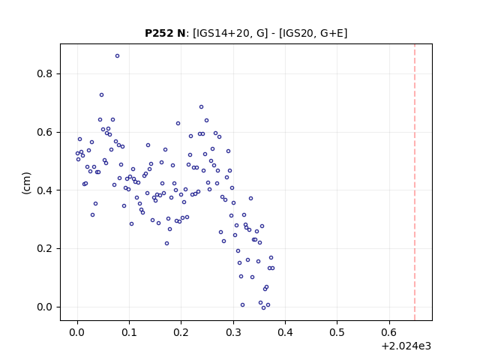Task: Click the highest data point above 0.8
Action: [x=117, y=56]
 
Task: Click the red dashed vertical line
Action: [x=415, y=182]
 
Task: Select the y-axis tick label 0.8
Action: [x=44, y=73]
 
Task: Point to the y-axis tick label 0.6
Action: [x=44, y=132]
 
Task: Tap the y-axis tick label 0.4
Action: [x=44, y=190]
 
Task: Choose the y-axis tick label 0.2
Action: [x=44, y=248]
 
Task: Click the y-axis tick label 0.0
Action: [x=44, y=307]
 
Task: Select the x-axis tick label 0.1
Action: [x=129, y=332]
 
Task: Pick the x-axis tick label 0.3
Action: [x=233, y=332]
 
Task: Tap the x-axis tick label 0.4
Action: [x=285, y=332]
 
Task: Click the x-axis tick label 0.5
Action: [x=337, y=332]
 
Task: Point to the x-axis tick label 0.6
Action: [x=389, y=332]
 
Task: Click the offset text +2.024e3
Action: [x=406, y=346]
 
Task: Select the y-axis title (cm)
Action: [x=27, y=183]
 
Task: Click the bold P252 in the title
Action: [x=159, y=33]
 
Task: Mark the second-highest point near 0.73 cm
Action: [x=102, y=95]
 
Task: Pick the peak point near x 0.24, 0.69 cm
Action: [x=201, y=106]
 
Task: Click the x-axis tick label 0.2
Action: [x=181, y=332]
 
